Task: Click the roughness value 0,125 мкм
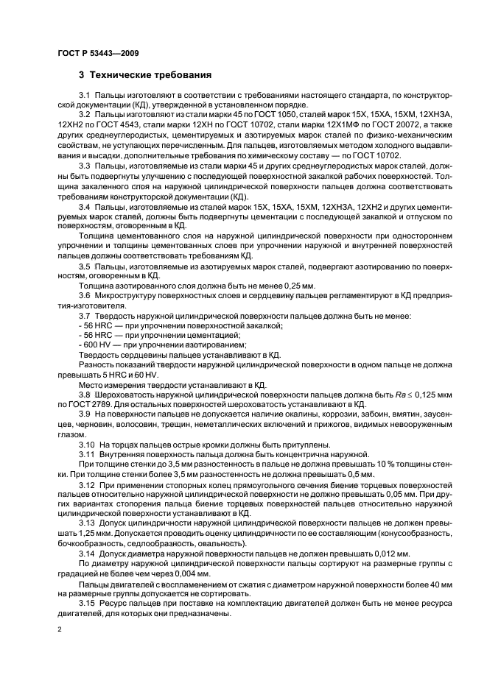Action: coord(406,394)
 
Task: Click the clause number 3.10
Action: coord(86,443)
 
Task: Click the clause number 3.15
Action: coord(86,601)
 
